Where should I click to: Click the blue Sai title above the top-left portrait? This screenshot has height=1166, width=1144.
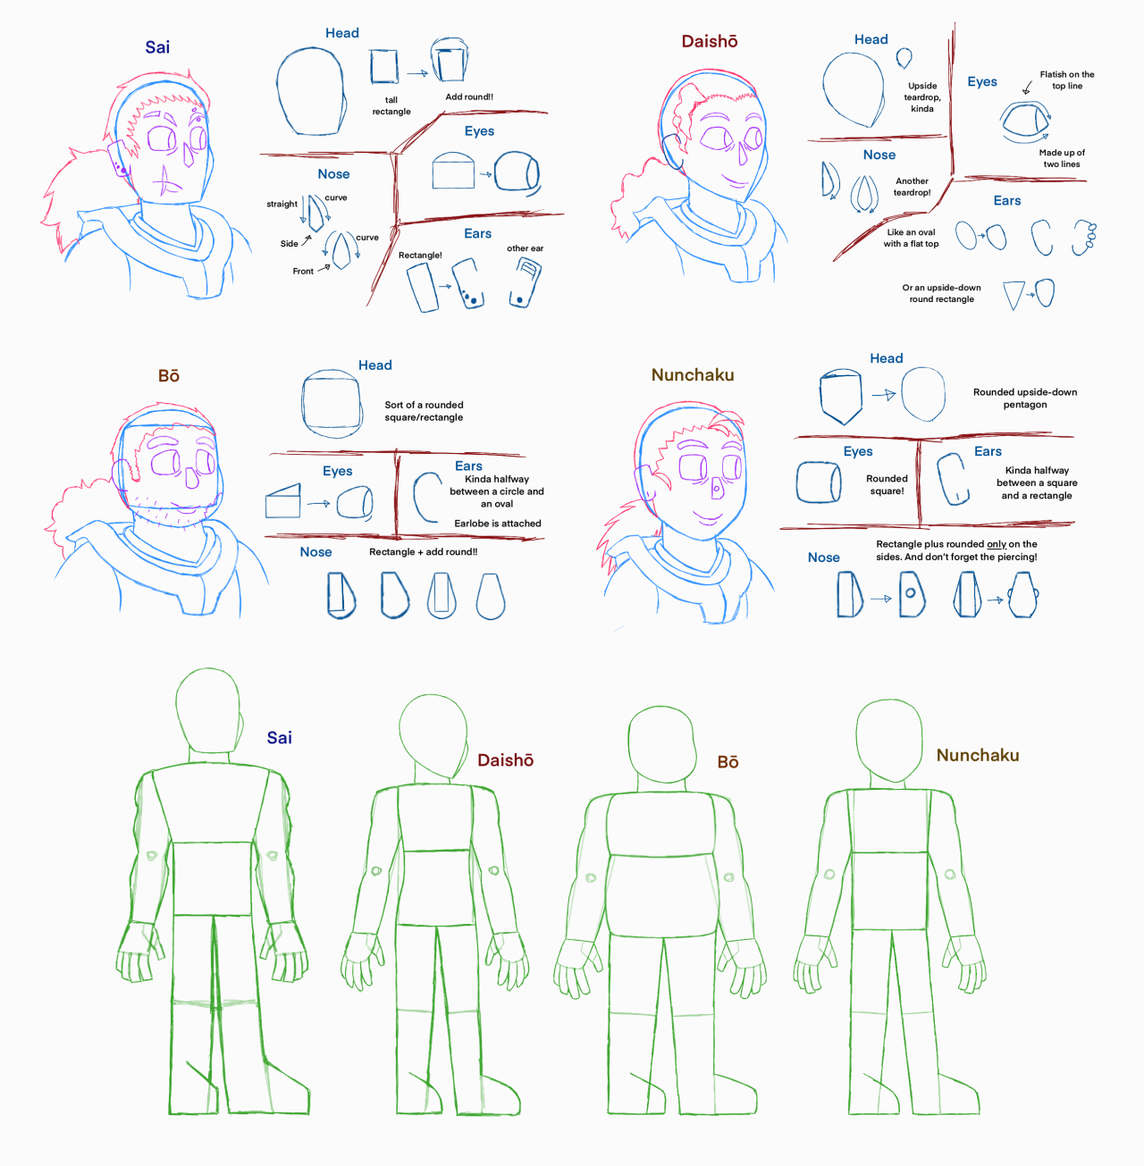pyautogui.click(x=157, y=47)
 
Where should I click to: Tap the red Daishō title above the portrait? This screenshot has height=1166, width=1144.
pyautogui.click(x=710, y=41)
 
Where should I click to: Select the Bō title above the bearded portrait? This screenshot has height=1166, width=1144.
pyautogui.click(x=169, y=376)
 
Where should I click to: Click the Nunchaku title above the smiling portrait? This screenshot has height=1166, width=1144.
pyautogui.click(x=693, y=375)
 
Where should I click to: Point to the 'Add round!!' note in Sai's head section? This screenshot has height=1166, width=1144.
pyautogui.click(x=469, y=96)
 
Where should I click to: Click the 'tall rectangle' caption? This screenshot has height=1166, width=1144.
pyautogui.click(x=391, y=106)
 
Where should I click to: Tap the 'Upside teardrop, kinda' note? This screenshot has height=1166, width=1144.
pyautogui.click(x=921, y=97)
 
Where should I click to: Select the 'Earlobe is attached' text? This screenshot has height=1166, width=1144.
pyautogui.click(x=498, y=524)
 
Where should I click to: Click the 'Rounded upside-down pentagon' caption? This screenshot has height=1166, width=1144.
pyautogui.click(x=1025, y=398)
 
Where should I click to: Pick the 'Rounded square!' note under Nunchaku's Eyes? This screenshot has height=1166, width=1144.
pyautogui.click(x=887, y=484)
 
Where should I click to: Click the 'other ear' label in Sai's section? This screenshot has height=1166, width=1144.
pyautogui.click(x=525, y=248)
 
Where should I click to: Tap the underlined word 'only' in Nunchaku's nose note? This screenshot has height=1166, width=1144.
pyautogui.click(x=997, y=544)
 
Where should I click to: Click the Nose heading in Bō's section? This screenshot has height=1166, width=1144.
pyautogui.click(x=316, y=552)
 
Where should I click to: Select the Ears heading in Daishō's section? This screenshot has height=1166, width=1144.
pyautogui.click(x=1006, y=201)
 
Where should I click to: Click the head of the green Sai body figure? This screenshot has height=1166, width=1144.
pyautogui.click(x=209, y=711)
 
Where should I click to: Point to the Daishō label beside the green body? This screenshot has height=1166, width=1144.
pyautogui.click(x=506, y=760)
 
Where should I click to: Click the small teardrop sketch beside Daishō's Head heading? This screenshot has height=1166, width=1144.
pyautogui.click(x=904, y=58)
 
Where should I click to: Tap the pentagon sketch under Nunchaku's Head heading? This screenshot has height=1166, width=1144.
pyautogui.click(x=841, y=397)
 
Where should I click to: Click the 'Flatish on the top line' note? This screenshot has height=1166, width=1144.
pyautogui.click(x=1066, y=80)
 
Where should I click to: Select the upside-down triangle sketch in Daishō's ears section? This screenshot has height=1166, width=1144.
pyautogui.click(x=1014, y=295)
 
